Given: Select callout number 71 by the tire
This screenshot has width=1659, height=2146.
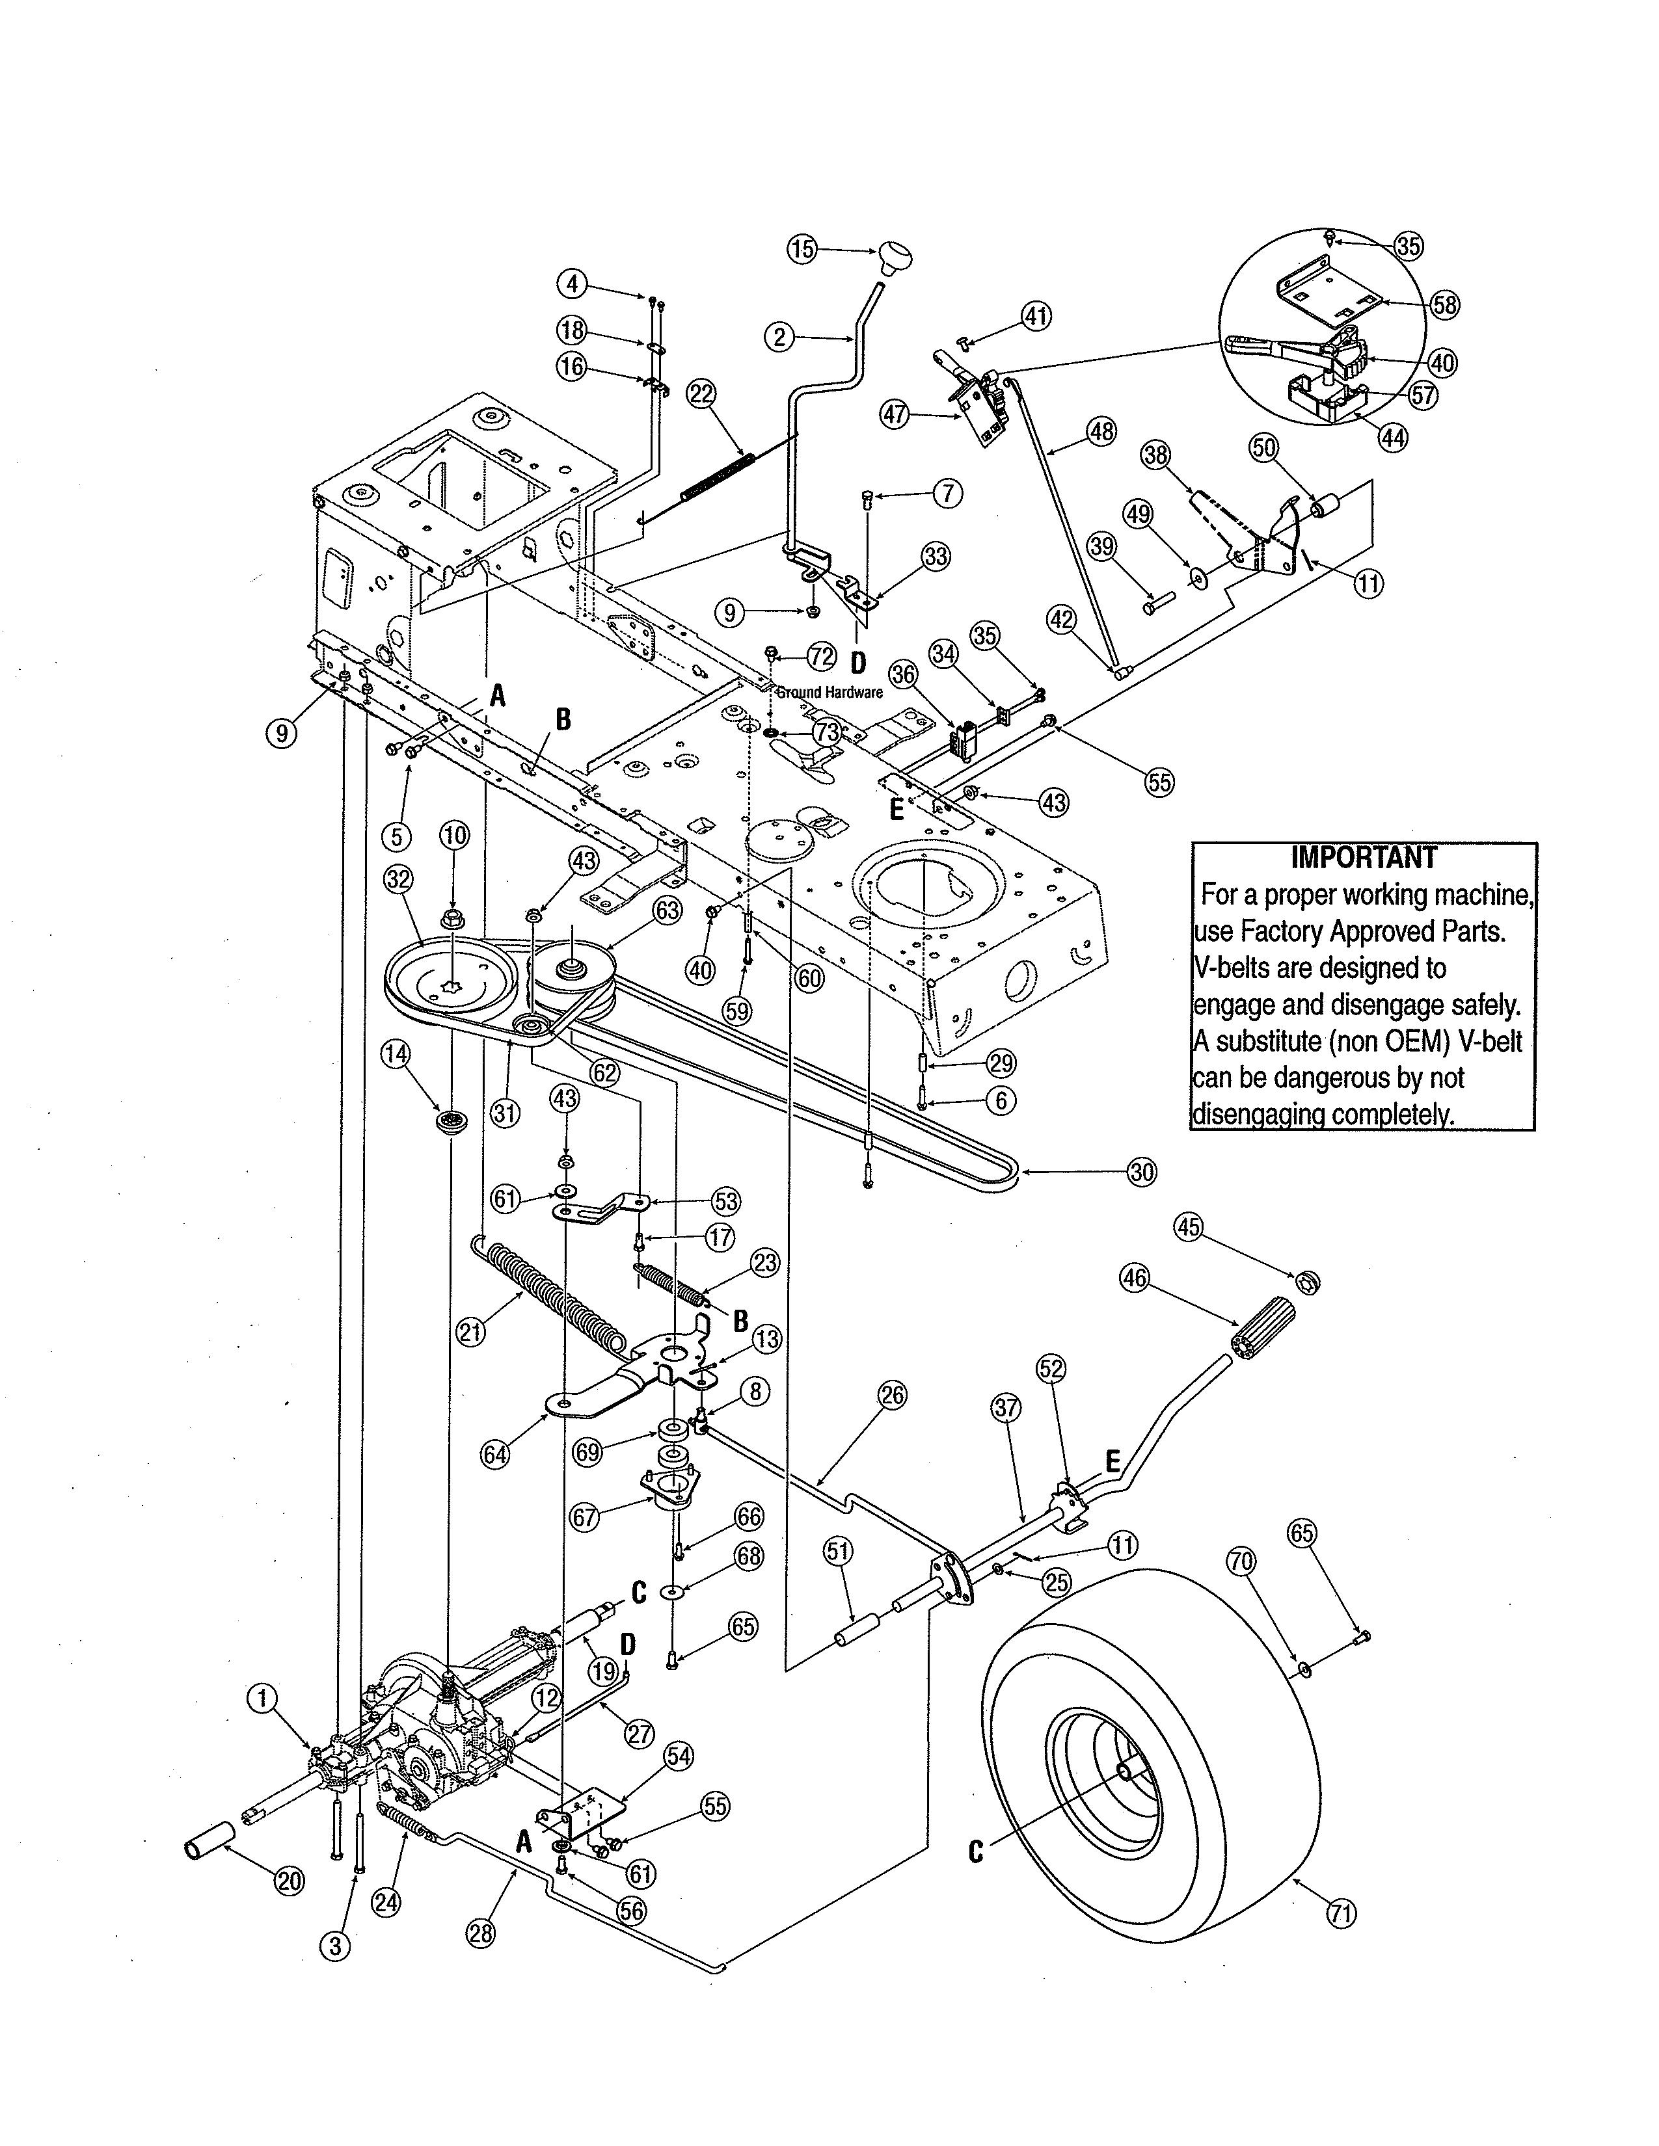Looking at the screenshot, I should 1342,1913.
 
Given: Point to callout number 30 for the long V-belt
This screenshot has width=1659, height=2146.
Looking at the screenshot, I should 1141,1171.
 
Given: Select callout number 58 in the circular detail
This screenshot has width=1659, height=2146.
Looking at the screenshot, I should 1444,304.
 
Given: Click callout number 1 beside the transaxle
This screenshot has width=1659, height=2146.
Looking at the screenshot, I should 262,1698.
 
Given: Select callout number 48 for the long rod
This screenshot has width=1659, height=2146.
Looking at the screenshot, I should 1101,431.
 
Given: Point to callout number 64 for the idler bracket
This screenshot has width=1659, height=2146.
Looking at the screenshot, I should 495,1454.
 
